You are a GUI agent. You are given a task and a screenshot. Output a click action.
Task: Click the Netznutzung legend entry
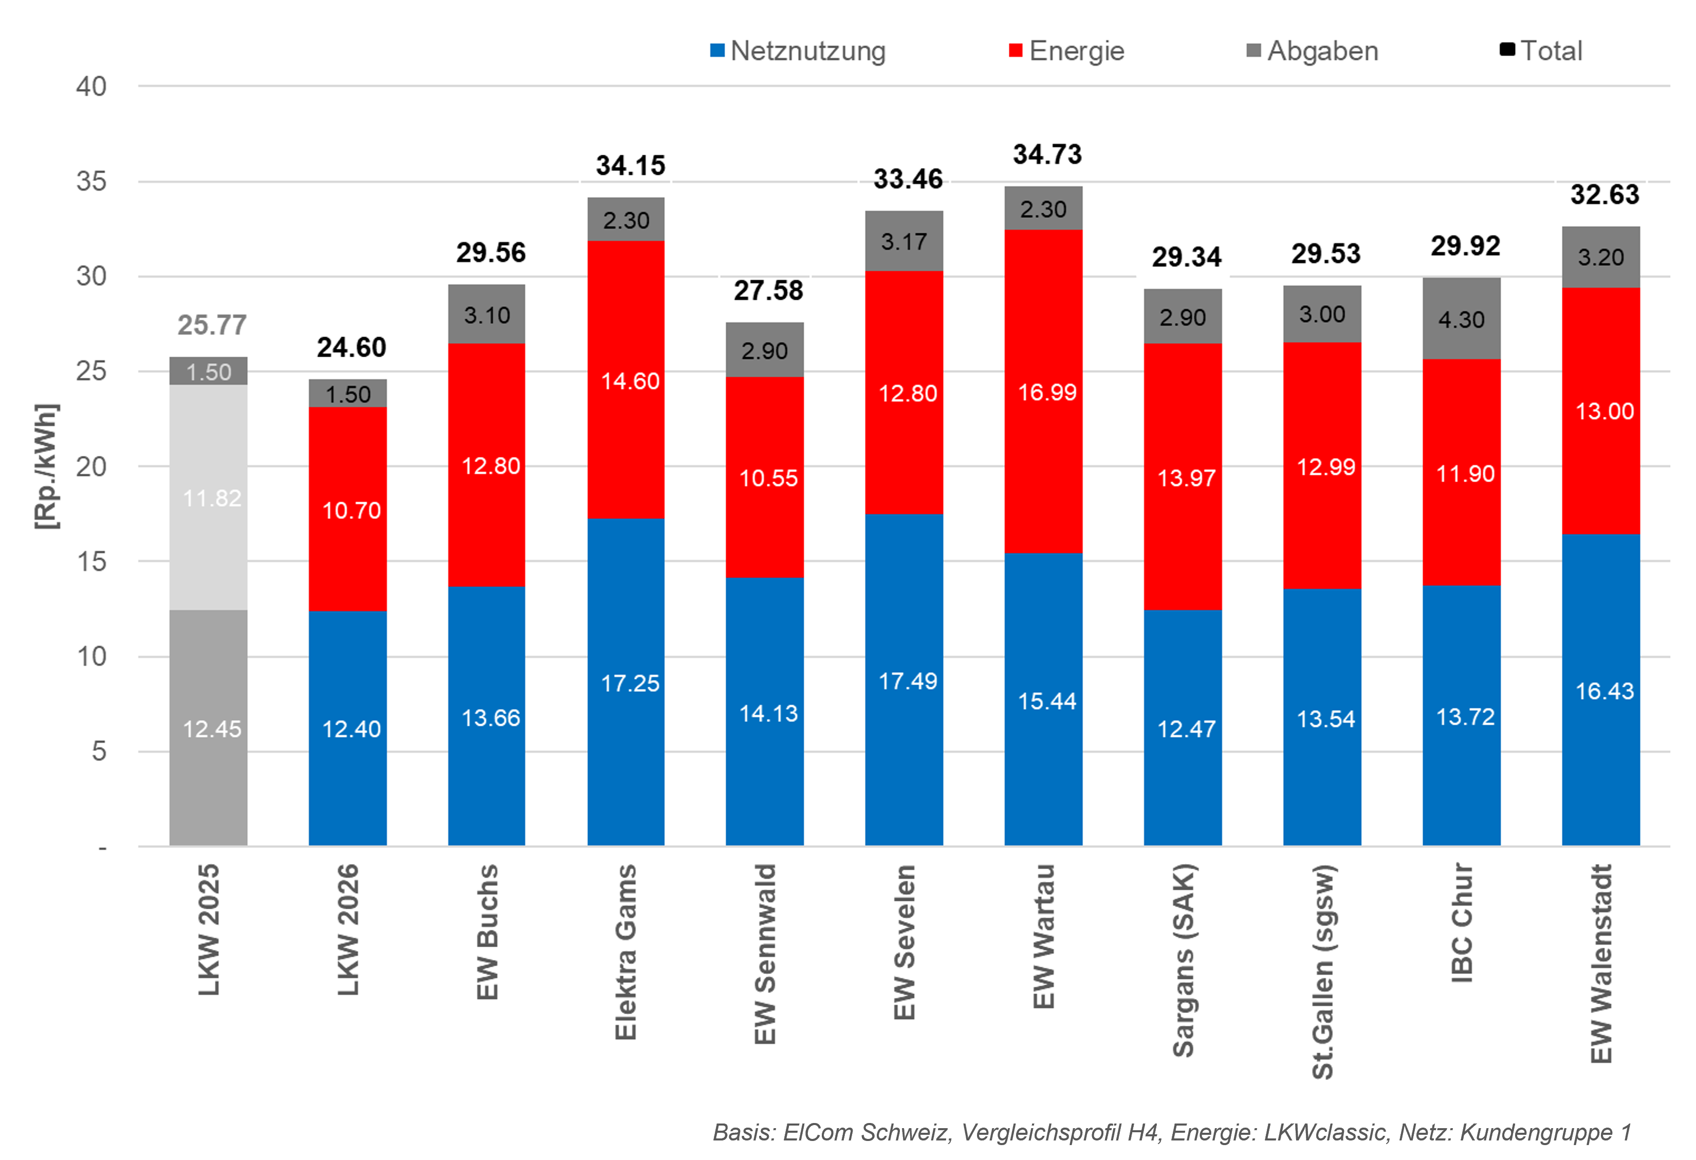point(798,51)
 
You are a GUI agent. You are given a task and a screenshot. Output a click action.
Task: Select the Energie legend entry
point(1066,51)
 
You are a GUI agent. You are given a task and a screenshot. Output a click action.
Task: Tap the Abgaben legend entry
point(1312,51)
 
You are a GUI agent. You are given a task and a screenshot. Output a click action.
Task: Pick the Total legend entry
point(1541,50)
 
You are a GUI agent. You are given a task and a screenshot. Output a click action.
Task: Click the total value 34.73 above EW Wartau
point(1047,154)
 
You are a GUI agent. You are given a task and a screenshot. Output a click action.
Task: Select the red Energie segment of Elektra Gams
point(626,380)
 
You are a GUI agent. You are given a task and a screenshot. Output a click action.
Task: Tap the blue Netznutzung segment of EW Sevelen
point(904,679)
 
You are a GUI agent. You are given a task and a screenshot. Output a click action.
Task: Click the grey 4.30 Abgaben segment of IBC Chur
point(1462,318)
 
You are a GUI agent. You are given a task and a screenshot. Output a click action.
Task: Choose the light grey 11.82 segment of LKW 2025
point(209,497)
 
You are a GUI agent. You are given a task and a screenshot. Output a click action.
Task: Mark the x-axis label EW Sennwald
point(765,954)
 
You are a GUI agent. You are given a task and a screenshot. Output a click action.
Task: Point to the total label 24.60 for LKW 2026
point(351,347)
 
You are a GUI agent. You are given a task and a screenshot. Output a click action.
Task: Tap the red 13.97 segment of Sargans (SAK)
point(1183,477)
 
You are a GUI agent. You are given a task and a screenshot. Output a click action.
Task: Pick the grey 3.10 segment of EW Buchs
point(487,314)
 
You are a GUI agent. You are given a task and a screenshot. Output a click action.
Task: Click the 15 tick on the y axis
point(91,561)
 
